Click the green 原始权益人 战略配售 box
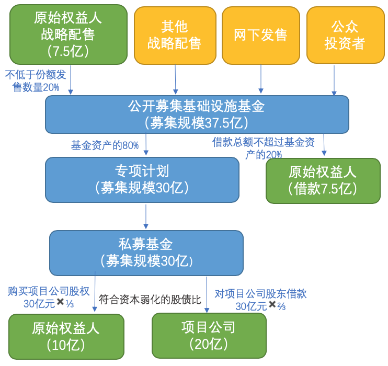click(69, 34)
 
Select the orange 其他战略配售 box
click(175, 35)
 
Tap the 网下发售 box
click(260, 35)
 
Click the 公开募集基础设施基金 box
click(197, 114)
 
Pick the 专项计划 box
click(142, 179)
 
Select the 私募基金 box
click(146, 253)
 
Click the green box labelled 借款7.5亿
click(323, 180)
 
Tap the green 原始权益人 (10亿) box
click(66, 336)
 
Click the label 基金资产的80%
click(105, 145)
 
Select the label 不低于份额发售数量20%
click(36, 81)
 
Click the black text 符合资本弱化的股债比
click(150, 299)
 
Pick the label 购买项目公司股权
click(49, 291)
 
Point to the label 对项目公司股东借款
click(260, 293)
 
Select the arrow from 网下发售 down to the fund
click(261, 79)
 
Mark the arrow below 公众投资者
click(334, 80)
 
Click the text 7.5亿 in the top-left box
click(69, 51)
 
